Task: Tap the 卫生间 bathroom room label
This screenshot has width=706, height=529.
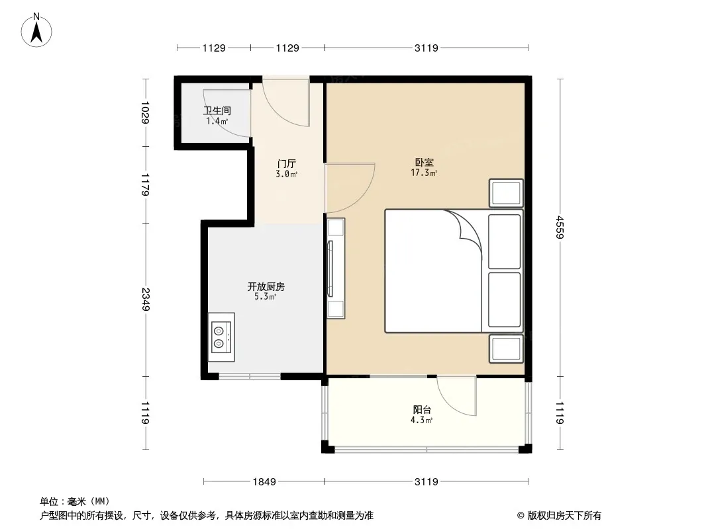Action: (217, 110)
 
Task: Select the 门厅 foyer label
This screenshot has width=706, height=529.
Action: (286, 163)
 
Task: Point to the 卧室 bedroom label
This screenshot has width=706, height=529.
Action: (424, 162)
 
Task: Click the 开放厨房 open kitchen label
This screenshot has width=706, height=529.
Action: (266, 286)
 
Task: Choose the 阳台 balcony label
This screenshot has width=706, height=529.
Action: (422, 410)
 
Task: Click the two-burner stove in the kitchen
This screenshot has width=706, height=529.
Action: (221, 337)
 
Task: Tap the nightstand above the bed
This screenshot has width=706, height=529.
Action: (506, 193)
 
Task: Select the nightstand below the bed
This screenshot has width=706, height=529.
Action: (506, 348)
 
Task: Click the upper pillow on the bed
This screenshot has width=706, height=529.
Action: (504, 242)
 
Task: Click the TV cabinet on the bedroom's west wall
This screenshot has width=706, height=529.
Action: (335, 268)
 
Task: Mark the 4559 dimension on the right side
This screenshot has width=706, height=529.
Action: (560, 227)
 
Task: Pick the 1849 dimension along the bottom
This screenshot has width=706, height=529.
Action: (264, 482)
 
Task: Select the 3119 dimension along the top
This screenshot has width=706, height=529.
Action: (426, 48)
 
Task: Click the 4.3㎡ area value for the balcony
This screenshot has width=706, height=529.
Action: (421, 421)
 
